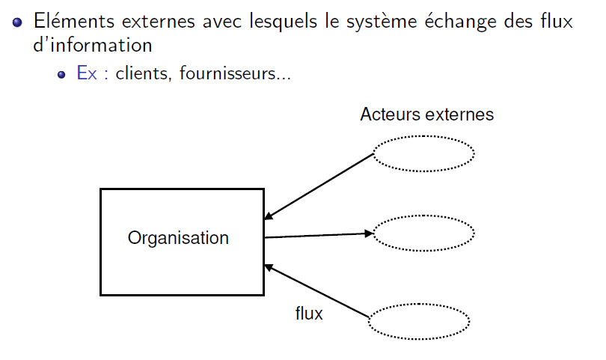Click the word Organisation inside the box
point(178,238)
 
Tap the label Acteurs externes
point(426,115)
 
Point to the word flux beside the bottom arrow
point(309,314)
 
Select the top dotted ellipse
point(423,153)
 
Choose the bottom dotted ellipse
point(419,321)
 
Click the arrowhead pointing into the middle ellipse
point(368,234)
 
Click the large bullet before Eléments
point(17,22)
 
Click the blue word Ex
point(87,75)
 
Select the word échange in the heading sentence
point(456,22)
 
